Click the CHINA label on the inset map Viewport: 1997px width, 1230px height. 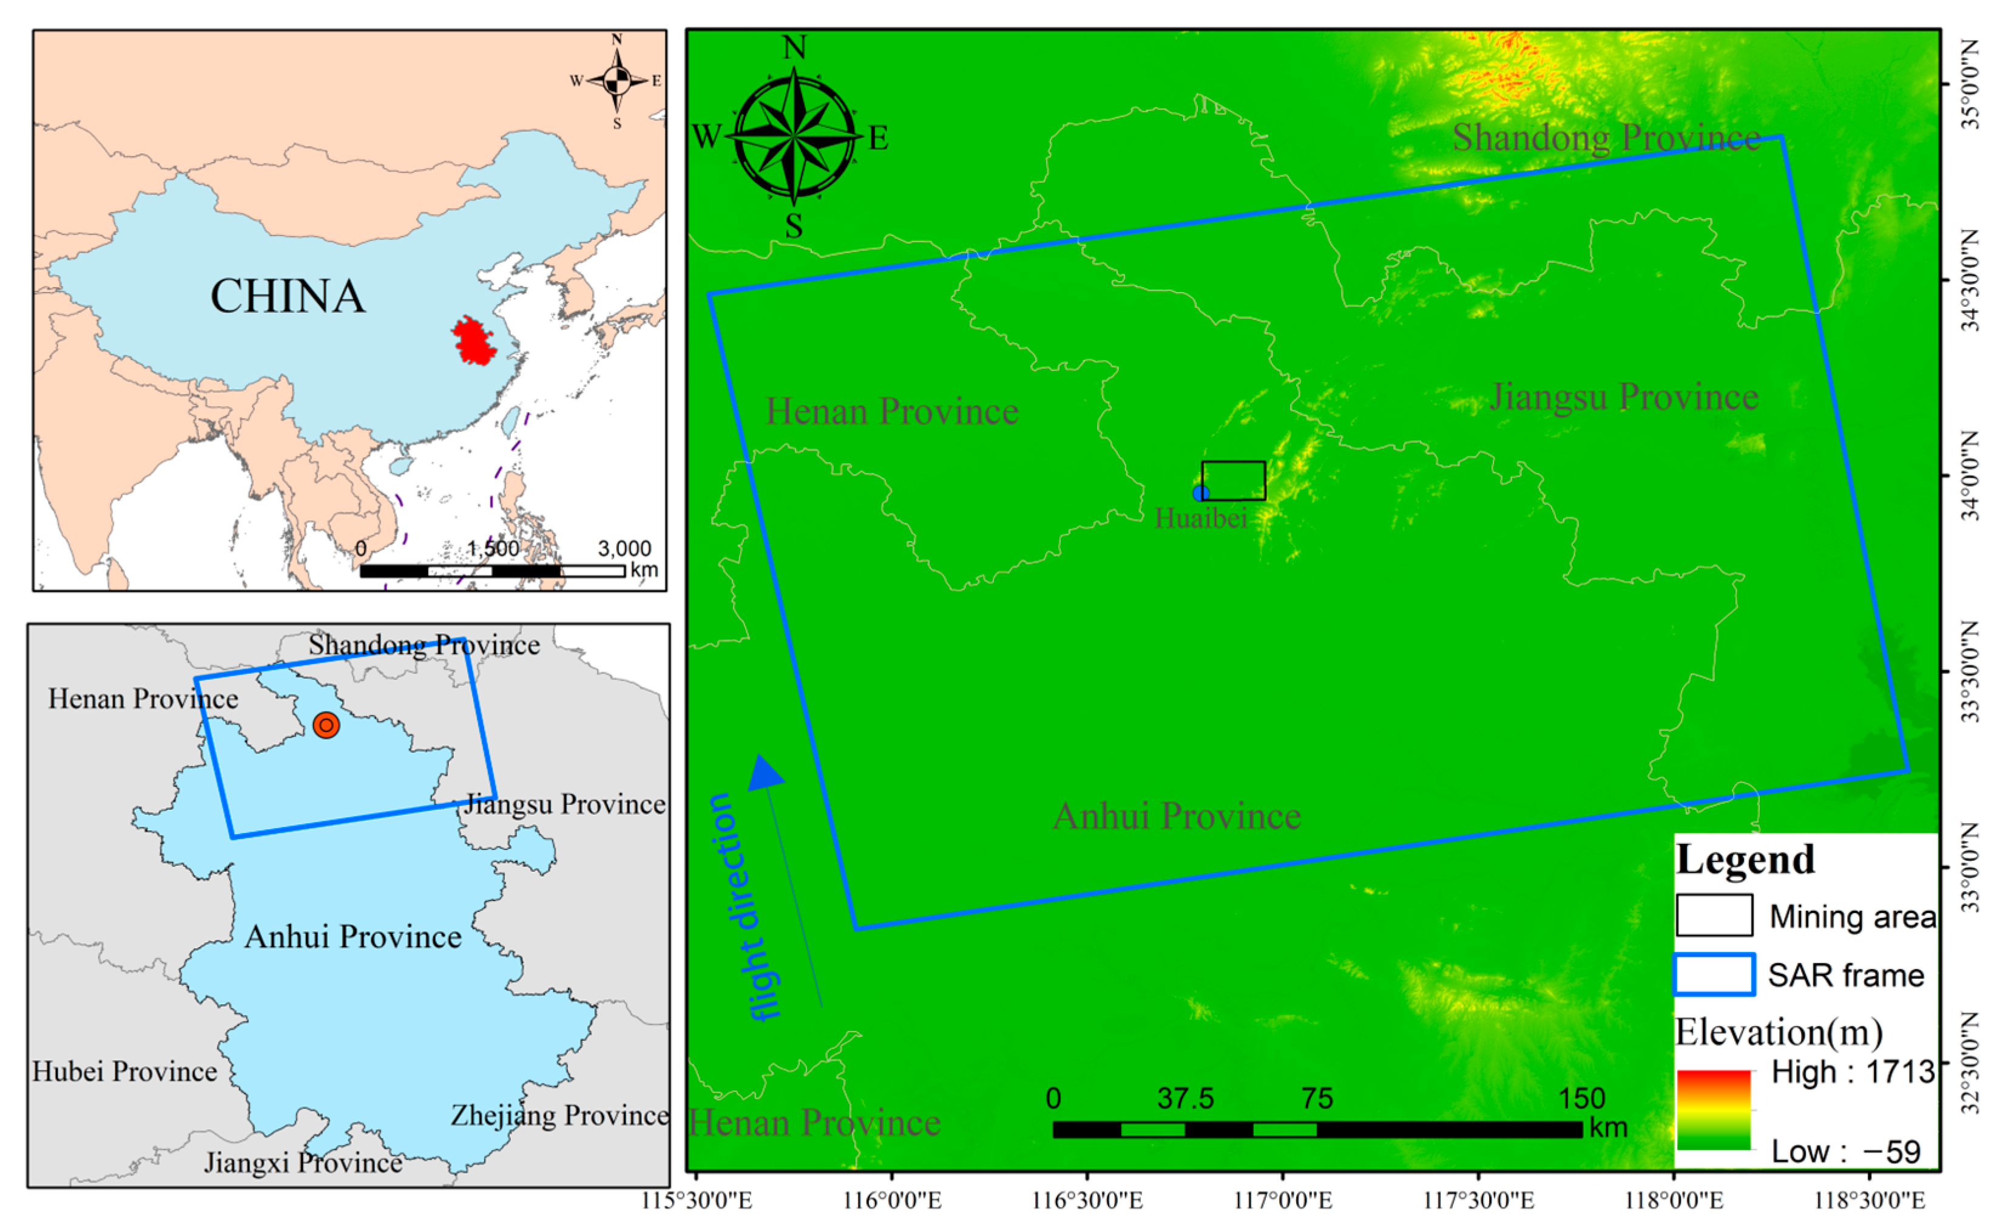point(288,296)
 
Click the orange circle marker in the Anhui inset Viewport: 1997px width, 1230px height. point(326,725)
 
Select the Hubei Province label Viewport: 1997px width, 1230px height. point(124,1072)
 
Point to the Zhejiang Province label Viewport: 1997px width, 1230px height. point(559,1115)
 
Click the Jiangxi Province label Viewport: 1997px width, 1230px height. point(302,1163)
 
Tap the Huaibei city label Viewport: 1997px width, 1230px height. point(1201,518)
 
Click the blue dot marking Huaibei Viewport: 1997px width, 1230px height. point(1201,492)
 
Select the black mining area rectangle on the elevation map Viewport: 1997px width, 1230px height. point(1234,481)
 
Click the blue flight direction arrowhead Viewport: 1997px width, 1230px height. point(765,773)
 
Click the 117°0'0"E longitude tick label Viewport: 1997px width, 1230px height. point(1283,1200)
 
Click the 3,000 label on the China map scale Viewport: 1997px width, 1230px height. point(624,548)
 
